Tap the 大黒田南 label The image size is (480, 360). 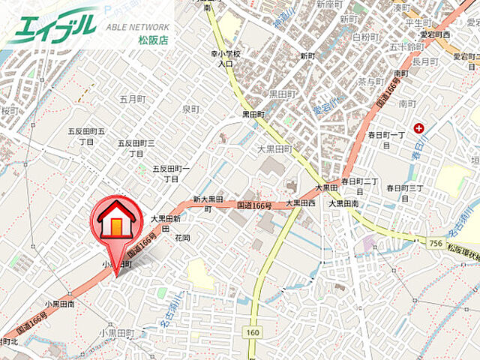(x=343, y=202)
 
